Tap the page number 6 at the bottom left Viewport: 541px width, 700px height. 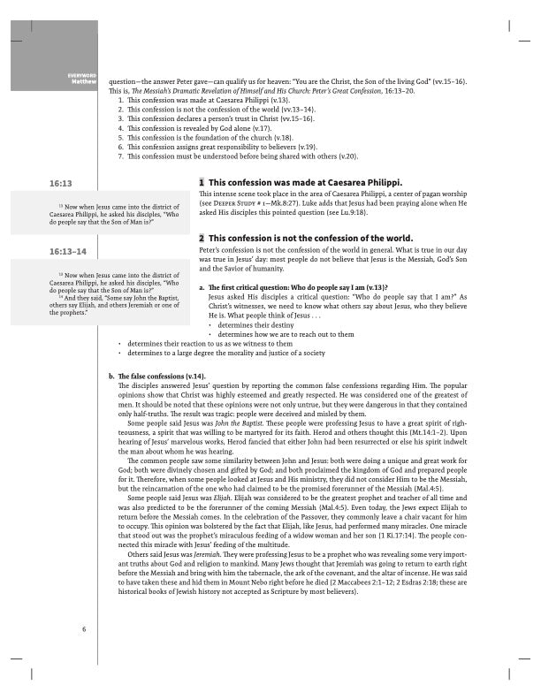(x=83, y=628)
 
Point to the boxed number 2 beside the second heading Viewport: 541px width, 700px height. (x=202, y=239)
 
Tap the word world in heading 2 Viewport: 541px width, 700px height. (x=395, y=239)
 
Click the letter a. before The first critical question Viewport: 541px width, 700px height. (x=202, y=288)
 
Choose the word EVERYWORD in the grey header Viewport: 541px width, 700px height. (x=81, y=76)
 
